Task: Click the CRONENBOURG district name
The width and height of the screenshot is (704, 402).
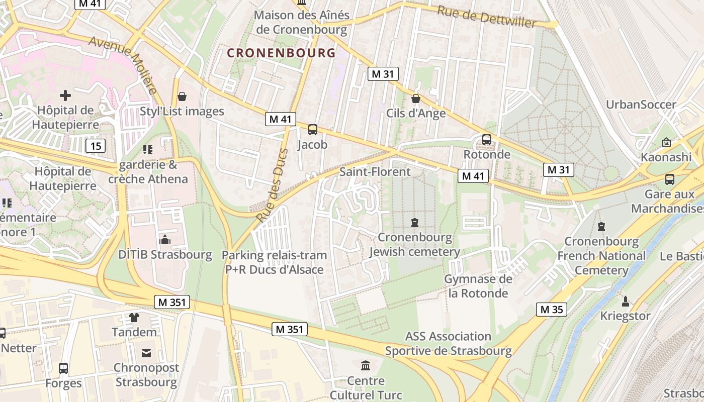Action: [x=281, y=53]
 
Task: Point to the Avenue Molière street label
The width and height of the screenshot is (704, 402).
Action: [x=124, y=65]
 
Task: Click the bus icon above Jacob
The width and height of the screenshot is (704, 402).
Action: [x=312, y=130]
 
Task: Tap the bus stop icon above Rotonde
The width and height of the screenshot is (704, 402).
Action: [x=486, y=140]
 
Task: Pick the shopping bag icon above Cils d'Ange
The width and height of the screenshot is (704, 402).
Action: [x=415, y=98]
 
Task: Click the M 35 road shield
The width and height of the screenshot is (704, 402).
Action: [x=552, y=310]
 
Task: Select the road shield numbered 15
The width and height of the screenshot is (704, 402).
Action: [x=96, y=146]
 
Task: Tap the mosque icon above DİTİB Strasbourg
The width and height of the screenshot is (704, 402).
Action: [x=165, y=240]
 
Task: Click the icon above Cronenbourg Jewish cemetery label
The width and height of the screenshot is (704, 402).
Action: [x=415, y=222]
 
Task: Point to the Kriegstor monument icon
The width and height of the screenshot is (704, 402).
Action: [x=625, y=301]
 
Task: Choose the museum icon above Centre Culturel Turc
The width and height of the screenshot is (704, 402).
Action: [x=366, y=365]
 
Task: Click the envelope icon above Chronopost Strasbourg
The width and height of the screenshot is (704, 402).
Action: [x=146, y=353]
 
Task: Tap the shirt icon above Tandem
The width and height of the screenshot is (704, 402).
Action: [x=134, y=318]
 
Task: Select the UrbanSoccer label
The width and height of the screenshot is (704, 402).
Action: [x=641, y=105]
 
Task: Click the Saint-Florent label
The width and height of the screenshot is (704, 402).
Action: [x=375, y=172]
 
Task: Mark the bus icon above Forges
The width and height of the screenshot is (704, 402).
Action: [x=63, y=368]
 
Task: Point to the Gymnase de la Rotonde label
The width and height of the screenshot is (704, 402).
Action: [x=478, y=286]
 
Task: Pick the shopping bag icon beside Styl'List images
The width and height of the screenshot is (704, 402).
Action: [x=182, y=96]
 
